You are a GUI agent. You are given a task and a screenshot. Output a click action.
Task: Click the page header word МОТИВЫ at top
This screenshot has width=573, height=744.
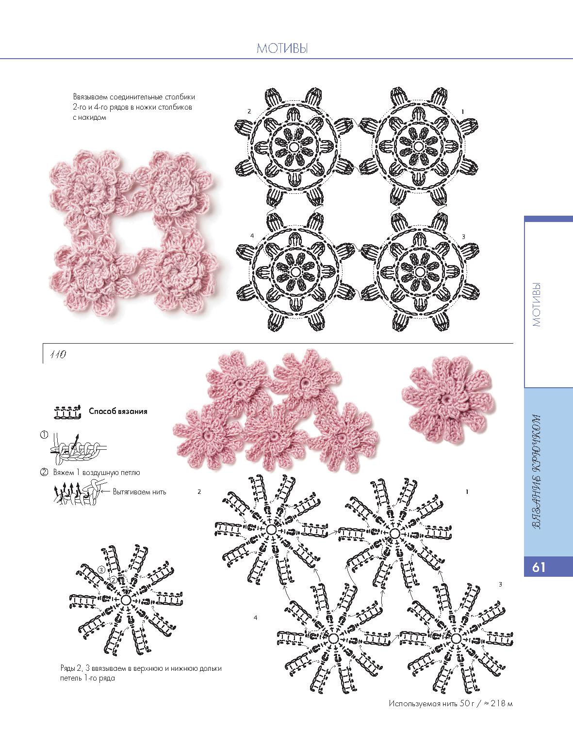tap(282, 48)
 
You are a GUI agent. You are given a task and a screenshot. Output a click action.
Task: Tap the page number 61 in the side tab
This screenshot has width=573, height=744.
tap(539, 567)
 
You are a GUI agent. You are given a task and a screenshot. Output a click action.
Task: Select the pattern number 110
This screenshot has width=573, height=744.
tap(58, 354)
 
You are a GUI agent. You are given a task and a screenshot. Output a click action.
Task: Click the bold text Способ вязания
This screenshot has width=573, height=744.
tap(118, 411)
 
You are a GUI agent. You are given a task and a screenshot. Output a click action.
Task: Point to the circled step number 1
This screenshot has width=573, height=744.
tap(44, 435)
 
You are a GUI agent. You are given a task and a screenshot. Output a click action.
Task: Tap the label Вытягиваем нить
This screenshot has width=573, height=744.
tap(139, 492)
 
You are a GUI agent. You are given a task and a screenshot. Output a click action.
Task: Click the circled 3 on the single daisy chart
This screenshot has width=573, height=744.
tap(101, 570)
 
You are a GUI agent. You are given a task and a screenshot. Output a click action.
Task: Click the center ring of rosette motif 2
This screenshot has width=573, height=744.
tap(294, 146)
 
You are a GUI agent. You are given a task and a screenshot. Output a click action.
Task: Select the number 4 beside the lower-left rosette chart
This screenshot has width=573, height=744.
tap(252, 236)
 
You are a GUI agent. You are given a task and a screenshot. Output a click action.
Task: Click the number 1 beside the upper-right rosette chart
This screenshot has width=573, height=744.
tap(463, 111)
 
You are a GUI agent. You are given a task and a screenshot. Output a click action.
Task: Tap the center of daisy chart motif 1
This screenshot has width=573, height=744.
tap(395, 534)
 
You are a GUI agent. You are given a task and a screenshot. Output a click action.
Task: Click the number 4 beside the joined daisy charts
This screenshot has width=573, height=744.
tap(255, 617)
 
